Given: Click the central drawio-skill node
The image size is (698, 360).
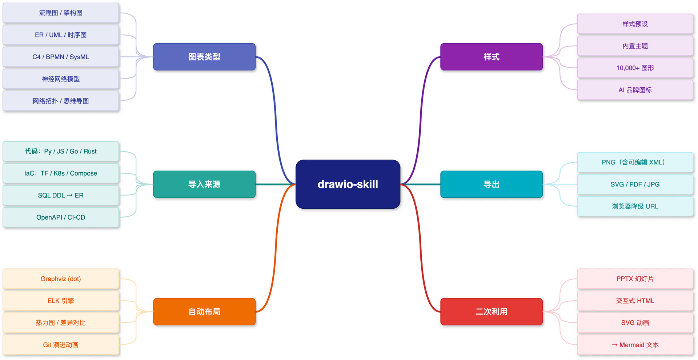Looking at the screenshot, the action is coord(348,184).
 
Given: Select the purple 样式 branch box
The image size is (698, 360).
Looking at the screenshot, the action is coord(492,57).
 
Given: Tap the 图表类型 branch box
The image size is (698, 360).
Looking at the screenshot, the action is coord(204,57).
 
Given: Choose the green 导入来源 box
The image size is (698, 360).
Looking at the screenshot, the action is coord(204,184).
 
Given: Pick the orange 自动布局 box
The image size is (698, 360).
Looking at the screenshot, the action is coord(204,312).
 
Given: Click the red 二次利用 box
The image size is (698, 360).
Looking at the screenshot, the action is coord(492,312).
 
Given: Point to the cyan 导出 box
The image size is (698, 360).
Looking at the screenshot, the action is coord(492,184).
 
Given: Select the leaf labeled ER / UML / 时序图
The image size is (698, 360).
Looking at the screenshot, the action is coord(61,35).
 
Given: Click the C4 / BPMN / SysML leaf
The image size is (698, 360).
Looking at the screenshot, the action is coord(61,57).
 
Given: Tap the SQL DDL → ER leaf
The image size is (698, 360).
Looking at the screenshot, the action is coord(61,195).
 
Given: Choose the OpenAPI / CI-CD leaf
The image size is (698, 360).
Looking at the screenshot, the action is coord(61,217).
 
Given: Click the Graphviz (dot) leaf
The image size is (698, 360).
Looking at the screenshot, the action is coord(61,279).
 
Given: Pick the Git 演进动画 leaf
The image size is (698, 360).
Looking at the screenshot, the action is coord(61,345).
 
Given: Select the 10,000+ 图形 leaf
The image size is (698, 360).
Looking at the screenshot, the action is coord(635,68).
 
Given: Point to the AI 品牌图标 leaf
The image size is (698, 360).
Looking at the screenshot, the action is coord(635,90).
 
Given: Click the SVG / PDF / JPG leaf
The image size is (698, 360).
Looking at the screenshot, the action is coord(635,184).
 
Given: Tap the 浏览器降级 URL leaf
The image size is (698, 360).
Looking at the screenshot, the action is coord(635,206).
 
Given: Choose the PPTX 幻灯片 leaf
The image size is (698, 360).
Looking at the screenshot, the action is coord(635,279).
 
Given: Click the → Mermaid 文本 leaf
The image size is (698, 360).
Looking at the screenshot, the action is coord(635,345).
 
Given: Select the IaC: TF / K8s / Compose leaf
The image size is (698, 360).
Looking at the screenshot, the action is coord(61,173).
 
